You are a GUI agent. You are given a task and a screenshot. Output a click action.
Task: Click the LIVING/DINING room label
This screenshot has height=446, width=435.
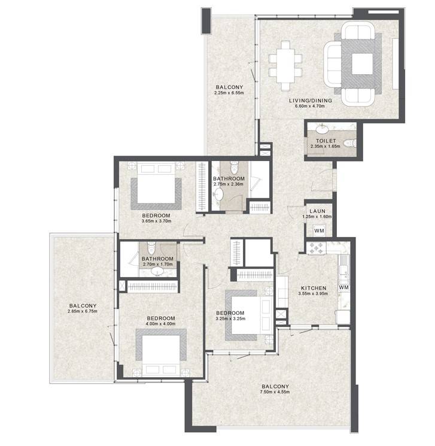tap(311, 101)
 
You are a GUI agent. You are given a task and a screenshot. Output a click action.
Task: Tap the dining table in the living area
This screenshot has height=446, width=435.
tap(285, 66)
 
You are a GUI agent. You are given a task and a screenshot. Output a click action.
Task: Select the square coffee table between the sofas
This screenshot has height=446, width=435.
tap(362, 63)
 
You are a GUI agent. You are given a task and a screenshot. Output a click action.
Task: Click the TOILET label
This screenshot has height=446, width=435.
tap(326, 141)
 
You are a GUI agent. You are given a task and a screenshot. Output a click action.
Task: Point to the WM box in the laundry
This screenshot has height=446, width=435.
tap(319, 230)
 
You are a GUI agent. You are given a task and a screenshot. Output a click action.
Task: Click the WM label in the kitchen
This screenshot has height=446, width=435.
tap(343, 287)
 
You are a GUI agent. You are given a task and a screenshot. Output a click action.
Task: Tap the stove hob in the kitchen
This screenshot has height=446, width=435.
tap(317, 248)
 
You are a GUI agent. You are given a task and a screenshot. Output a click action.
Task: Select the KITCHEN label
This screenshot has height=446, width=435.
tap(314, 288)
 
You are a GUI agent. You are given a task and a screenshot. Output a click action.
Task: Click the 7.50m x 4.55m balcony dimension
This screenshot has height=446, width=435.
tap(275, 392)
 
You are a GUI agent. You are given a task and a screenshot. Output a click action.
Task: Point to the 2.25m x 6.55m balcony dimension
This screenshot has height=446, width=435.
tap(229, 93)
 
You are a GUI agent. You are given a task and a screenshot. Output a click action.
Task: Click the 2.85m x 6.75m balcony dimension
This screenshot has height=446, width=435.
tap(83, 311)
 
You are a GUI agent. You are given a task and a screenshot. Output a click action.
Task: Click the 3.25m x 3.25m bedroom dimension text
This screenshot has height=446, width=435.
tap(230, 318)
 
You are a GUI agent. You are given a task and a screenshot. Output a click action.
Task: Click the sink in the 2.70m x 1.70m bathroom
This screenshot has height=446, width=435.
tap(157, 272)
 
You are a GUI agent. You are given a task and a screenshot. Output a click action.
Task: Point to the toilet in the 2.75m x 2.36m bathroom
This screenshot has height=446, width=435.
tap(234, 167)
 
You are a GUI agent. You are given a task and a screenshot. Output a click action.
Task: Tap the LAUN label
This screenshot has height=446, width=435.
tap(317, 211)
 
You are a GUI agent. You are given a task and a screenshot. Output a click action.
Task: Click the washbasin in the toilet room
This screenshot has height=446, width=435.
tap(322, 130)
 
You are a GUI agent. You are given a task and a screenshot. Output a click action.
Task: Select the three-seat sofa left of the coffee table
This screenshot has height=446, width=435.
tap(333, 64)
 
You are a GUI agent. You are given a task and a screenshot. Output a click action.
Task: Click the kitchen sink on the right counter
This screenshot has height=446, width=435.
tap(343, 263)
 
